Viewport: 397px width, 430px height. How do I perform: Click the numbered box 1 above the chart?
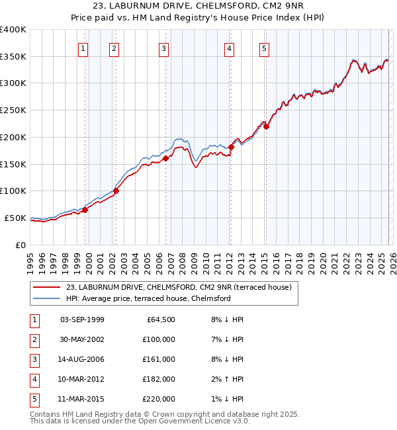(x=83, y=48)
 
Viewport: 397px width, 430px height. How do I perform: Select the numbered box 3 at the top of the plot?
(x=163, y=48)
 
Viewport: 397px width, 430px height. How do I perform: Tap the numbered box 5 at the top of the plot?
(x=264, y=48)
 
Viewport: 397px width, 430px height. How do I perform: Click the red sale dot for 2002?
(x=116, y=191)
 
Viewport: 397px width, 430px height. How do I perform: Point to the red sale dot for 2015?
(x=266, y=126)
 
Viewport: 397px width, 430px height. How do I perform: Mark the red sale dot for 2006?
(x=165, y=158)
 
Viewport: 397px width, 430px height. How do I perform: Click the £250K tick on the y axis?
(x=13, y=110)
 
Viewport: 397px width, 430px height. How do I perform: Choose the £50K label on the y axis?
(x=15, y=218)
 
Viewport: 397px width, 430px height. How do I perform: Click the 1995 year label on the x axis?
(x=30, y=261)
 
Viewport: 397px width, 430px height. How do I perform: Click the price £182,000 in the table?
(x=159, y=379)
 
